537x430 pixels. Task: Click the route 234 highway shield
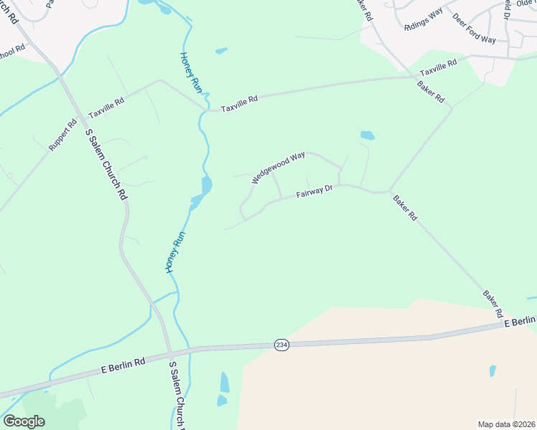click(x=282, y=345)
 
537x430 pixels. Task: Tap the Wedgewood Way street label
click(x=279, y=167)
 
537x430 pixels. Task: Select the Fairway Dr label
click(x=314, y=191)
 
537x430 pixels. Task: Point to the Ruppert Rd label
click(x=62, y=135)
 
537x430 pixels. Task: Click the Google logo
click(x=24, y=421)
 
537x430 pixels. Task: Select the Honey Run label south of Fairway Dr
click(x=176, y=252)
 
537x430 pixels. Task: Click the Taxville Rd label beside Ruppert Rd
click(x=106, y=108)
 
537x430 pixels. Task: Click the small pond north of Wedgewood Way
click(x=367, y=135)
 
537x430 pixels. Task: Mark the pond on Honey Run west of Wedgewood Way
click(x=206, y=186)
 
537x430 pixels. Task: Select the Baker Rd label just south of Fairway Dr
click(x=405, y=207)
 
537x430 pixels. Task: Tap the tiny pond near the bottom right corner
click(x=492, y=371)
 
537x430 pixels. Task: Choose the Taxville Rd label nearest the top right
click(x=438, y=68)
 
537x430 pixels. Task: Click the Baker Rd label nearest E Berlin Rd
click(x=492, y=304)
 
